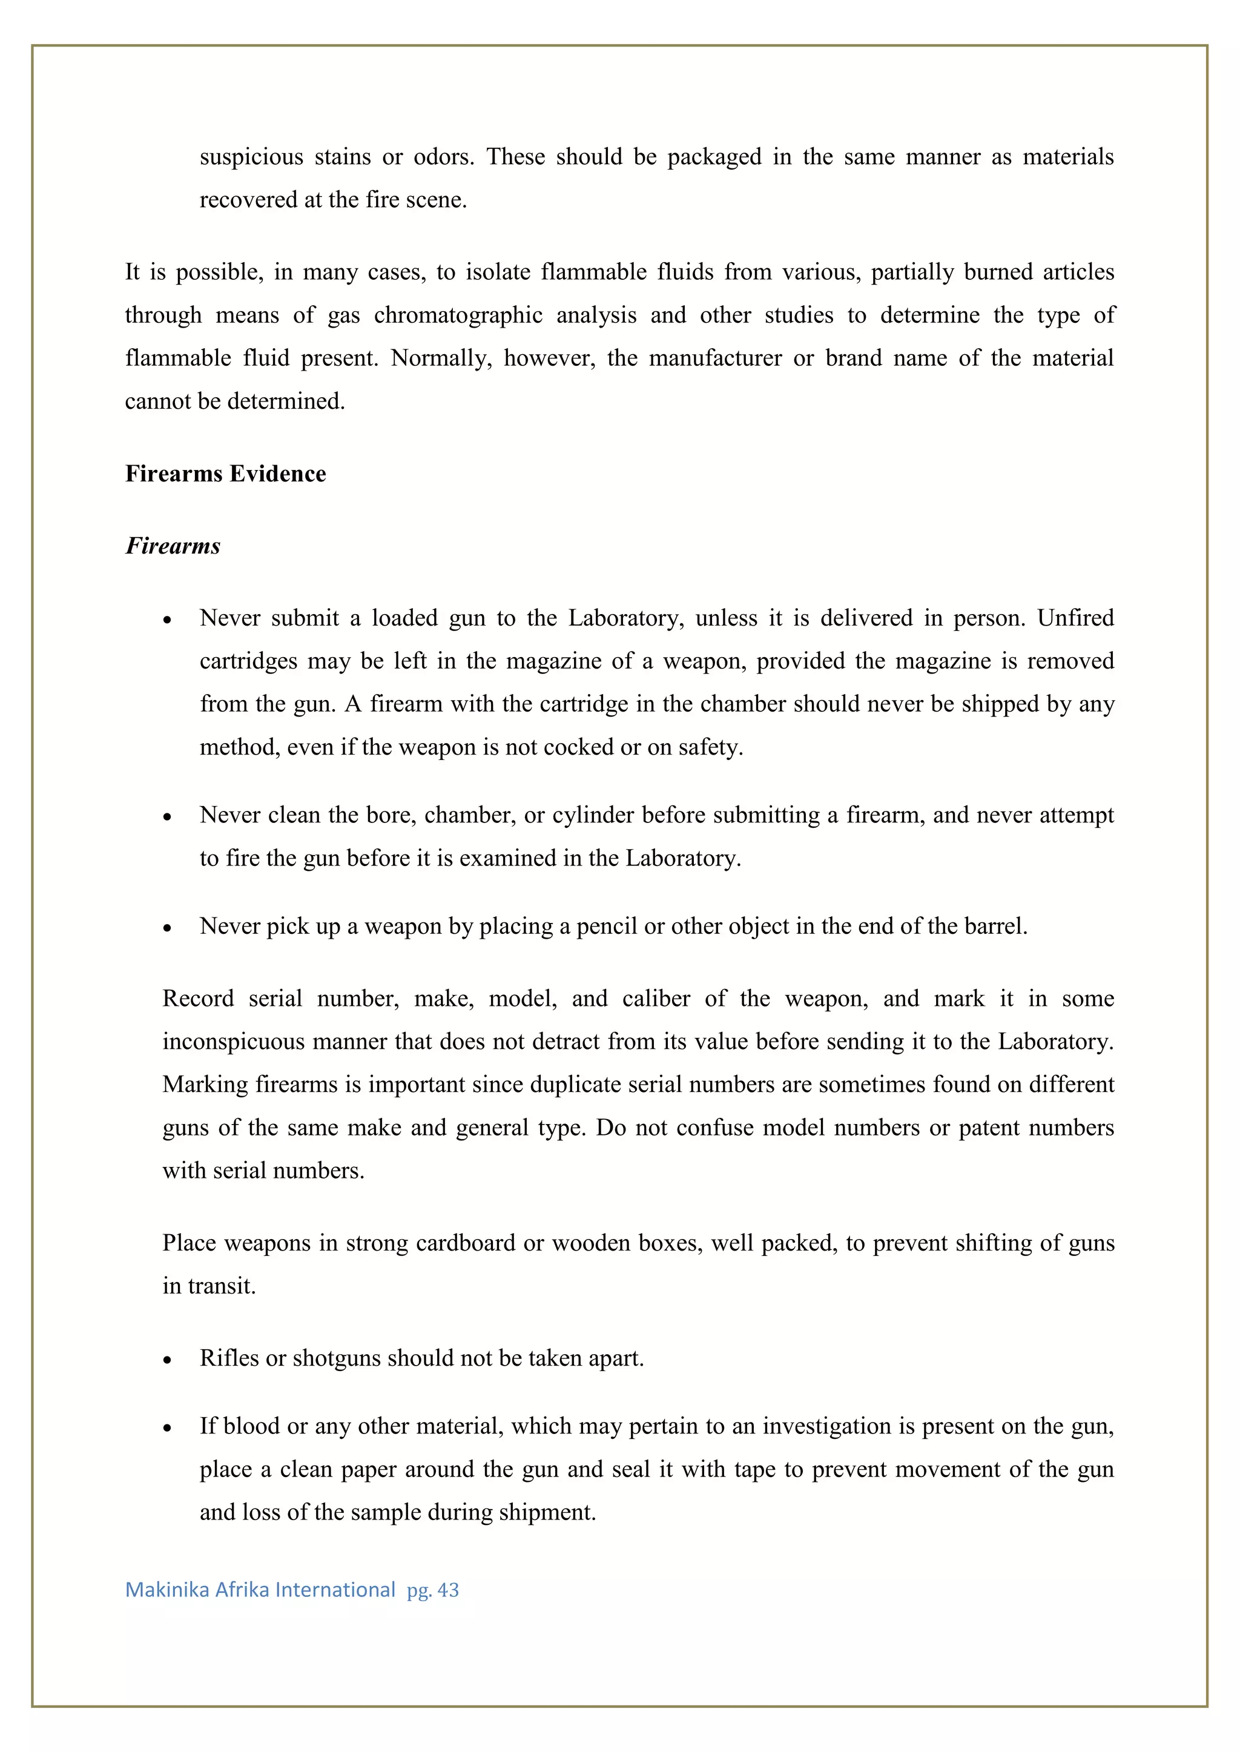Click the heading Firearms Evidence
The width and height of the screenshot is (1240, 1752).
click(225, 474)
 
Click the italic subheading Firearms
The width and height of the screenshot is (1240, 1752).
click(173, 546)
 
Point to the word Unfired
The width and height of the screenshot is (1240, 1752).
click(1075, 617)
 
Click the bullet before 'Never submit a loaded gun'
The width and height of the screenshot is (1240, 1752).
click(167, 620)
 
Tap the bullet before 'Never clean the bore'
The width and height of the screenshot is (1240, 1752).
click(167, 817)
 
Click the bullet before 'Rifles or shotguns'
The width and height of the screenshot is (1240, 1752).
click(167, 1360)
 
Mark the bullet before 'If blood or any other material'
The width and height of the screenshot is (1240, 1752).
click(167, 1428)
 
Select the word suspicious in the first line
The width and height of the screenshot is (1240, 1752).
click(251, 157)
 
